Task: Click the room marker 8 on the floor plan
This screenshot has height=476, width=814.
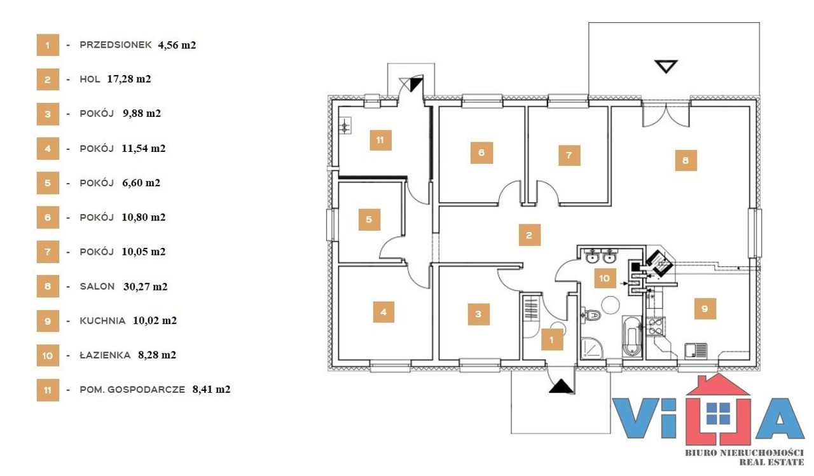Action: [686, 160]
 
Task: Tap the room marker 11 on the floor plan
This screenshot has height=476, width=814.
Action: [380, 140]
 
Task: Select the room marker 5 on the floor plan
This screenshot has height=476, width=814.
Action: [369, 219]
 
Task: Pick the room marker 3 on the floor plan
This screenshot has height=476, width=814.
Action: [478, 314]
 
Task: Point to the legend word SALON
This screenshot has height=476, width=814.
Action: [97, 287]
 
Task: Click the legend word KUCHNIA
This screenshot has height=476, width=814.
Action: [102, 320]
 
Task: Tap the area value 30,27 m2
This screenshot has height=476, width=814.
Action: [146, 287]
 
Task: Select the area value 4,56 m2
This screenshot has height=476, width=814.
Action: [177, 45]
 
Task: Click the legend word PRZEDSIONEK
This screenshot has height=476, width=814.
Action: [116, 44]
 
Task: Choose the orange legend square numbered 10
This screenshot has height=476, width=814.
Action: [48, 355]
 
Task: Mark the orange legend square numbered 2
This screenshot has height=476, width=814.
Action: [48, 79]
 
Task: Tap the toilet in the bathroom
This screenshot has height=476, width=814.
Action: [591, 315]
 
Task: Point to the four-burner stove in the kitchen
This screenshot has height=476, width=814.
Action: [656, 326]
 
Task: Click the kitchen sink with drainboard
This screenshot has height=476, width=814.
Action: [696, 350]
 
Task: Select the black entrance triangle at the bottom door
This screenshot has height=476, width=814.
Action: [562, 386]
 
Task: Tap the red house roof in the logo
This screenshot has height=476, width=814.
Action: [718, 385]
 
